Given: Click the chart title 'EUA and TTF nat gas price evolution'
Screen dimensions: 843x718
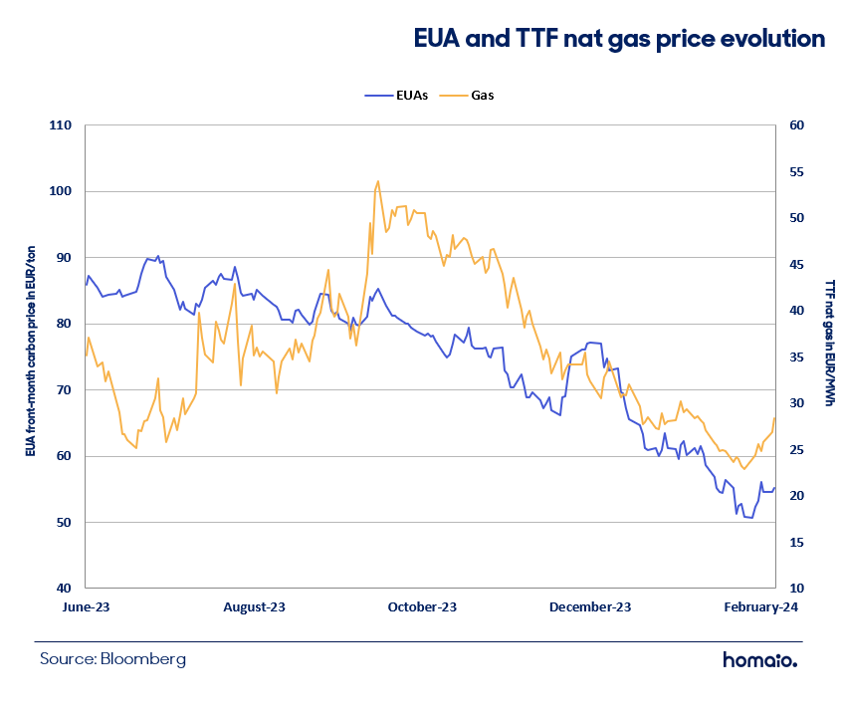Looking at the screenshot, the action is (x=619, y=39).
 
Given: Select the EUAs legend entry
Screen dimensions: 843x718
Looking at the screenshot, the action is (x=396, y=96).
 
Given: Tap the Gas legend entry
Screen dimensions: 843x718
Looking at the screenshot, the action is (x=467, y=96).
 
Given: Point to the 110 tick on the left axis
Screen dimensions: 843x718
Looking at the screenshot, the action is (x=60, y=125).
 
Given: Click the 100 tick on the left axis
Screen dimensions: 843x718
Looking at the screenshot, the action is (x=60, y=191).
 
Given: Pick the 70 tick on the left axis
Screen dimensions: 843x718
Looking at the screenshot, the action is (x=64, y=390).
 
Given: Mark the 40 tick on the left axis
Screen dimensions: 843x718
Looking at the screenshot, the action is (x=64, y=589).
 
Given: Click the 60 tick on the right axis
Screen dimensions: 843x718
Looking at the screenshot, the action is (x=797, y=125).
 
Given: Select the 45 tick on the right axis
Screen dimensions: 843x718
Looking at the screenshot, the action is (x=797, y=265).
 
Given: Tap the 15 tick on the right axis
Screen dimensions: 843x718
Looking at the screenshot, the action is (x=797, y=543).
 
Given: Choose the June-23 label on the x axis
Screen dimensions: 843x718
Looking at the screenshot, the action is (x=86, y=607).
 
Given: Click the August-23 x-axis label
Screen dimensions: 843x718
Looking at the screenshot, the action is (x=255, y=607).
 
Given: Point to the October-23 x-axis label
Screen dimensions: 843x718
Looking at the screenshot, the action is (x=422, y=607).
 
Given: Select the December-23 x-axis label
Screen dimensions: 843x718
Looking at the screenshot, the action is (x=590, y=607).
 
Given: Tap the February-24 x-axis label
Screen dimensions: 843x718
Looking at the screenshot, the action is (x=760, y=607).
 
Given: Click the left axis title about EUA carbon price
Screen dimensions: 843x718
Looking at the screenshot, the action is (x=31, y=352).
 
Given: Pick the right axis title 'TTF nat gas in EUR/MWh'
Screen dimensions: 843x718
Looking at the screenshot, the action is (x=830, y=343).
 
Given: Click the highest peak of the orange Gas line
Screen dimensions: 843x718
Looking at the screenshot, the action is (x=378, y=181).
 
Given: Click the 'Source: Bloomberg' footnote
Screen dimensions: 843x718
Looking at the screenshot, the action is (x=112, y=659).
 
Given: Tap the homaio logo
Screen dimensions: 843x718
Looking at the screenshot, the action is (x=760, y=659).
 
